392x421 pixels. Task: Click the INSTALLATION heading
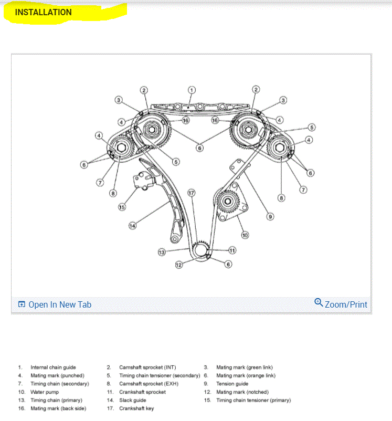coord(43,12)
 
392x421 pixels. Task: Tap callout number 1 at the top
coord(192,90)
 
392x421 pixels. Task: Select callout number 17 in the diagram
coord(192,193)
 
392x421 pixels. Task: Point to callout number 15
coord(122,206)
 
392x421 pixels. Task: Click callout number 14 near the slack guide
coord(133,226)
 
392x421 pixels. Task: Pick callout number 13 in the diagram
coord(162,252)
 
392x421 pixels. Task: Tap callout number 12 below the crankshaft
coord(178,265)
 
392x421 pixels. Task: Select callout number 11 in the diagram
coord(232,250)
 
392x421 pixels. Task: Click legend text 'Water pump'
coord(45,392)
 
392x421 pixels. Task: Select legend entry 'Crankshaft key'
coord(136,408)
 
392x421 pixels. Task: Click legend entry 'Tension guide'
coord(232,384)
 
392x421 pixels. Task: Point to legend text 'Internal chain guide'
coord(53,367)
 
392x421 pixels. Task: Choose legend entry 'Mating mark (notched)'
coord(242,392)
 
